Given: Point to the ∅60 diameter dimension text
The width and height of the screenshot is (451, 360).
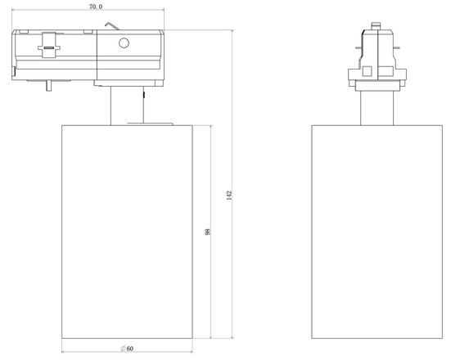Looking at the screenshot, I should [127, 349].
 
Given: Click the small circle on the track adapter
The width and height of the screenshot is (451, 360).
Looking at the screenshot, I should [124, 43].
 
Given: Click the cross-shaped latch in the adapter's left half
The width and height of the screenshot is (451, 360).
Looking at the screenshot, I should [49, 47].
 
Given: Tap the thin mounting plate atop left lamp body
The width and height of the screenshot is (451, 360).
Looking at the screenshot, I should [152, 124].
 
